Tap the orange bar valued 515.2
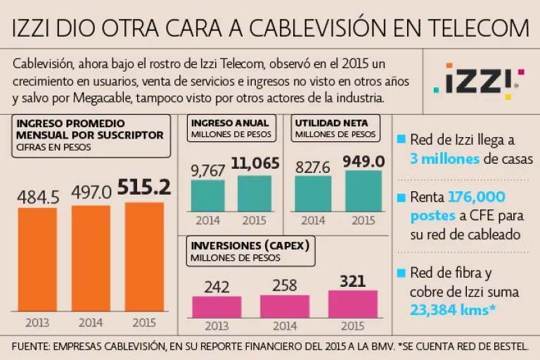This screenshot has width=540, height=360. pos(144,257)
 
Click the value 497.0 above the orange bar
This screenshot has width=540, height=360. pos(91,193)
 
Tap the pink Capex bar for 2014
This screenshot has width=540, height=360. pos(284,307)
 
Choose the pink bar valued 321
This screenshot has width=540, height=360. pos(352,304)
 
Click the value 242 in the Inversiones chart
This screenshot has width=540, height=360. pos(217,287)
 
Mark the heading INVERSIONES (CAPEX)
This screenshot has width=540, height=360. pos(249,245)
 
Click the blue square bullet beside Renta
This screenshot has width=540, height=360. pos(401,198)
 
